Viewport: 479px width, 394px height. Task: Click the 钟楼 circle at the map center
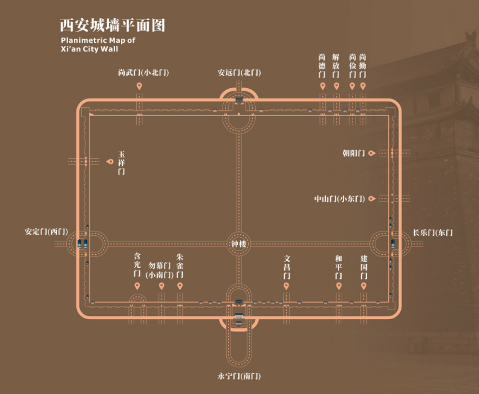pyautogui.click(x=239, y=244)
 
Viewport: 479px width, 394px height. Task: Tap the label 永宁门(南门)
pyautogui.click(x=239, y=376)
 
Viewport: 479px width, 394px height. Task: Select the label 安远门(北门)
pyautogui.click(x=239, y=73)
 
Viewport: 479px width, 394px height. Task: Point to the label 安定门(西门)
pyautogui.click(x=46, y=231)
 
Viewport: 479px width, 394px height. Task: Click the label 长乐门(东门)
pyautogui.click(x=433, y=232)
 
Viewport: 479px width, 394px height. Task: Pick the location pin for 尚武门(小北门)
pyautogui.click(x=139, y=86)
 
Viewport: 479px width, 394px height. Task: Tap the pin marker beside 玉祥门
pyautogui.click(x=110, y=162)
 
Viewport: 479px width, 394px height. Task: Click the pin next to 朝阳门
pyautogui.click(x=371, y=153)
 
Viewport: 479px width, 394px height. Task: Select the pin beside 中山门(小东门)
pyautogui.click(x=371, y=199)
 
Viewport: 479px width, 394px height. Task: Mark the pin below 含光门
pyautogui.click(x=137, y=286)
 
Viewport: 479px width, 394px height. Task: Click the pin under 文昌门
pyautogui.click(x=286, y=286)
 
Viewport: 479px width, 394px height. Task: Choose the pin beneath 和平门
pyautogui.click(x=338, y=286)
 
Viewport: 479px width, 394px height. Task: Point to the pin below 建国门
pyautogui.click(x=363, y=286)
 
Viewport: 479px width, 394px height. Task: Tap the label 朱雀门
pyautogui.click(x=180, y=266)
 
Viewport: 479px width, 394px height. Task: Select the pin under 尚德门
pyautogui.click(x=322, y=86)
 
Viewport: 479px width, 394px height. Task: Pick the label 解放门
pyautogui.click(x=336, y=66)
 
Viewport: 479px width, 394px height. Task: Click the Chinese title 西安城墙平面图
pyautogui.click(x=112, y=25)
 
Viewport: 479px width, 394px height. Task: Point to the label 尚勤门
pyautogui.click(x=363, y=66)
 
